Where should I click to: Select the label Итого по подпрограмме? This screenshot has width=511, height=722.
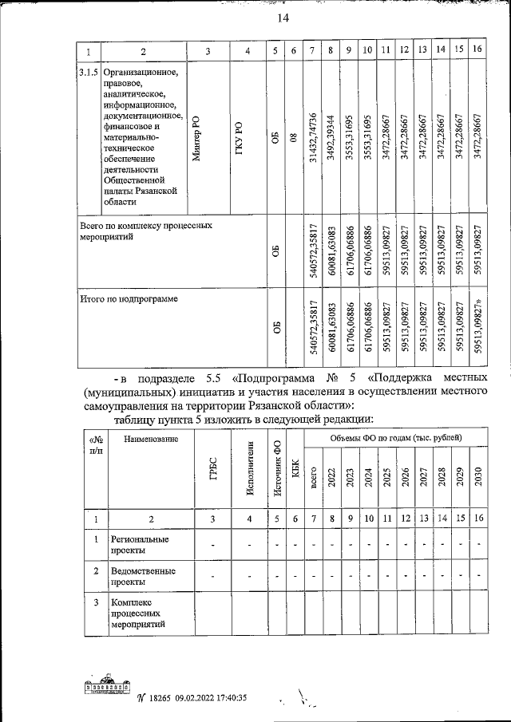pyautogui.click(x=128, y=299)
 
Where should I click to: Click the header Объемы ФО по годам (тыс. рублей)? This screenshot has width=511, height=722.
pyautogui.click(x=394, y=437)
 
